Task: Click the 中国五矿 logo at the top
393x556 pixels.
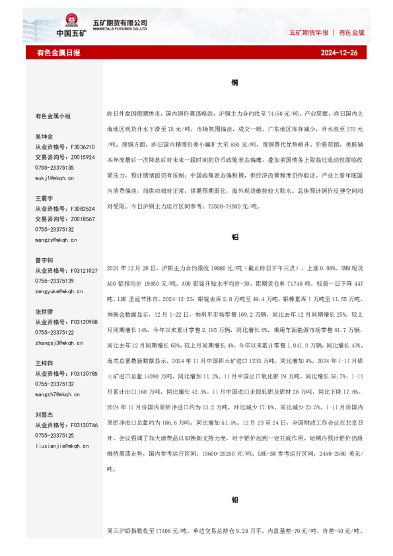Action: (x=71, y=26)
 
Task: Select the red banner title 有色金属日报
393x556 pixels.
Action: (x=58, y=52)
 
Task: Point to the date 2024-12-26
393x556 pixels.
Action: (x=339, y=52)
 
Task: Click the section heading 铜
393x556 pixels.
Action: (x=234, y=83)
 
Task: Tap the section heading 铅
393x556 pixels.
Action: (x=234, y=501)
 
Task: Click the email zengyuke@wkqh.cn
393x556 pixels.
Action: (x=60, y=291)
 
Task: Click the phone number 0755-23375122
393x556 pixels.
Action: (x=55, y=332)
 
